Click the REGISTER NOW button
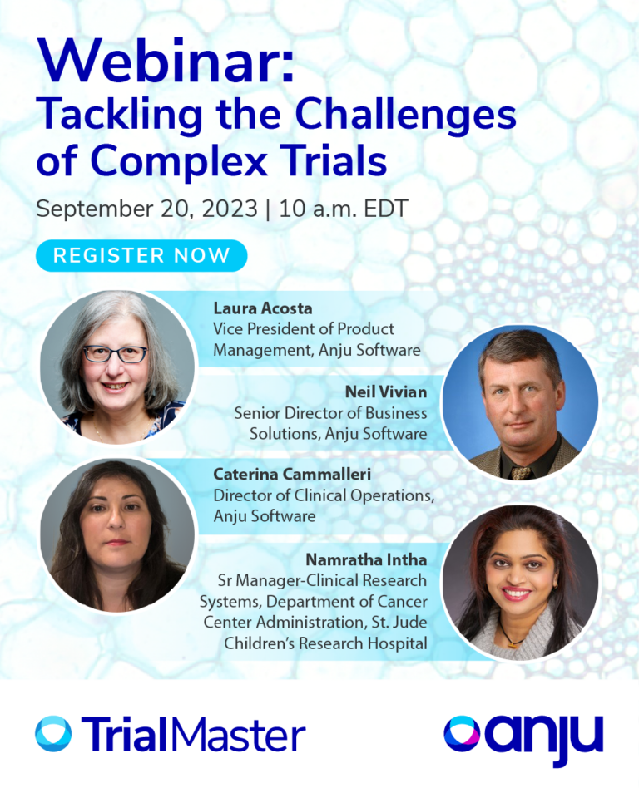[141, 256]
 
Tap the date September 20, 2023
[146, 208]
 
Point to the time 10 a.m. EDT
[344, 208]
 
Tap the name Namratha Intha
[367, 559]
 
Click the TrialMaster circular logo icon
[53, 734]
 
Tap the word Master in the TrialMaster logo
[240, 735]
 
